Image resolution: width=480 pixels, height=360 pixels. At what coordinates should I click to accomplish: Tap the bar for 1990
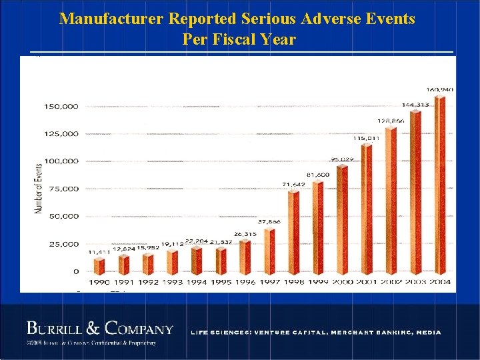click(99, 266)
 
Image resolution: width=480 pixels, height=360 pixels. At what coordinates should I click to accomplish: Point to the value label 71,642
click(293, 184)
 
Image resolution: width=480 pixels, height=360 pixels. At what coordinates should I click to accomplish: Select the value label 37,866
click(269, 221)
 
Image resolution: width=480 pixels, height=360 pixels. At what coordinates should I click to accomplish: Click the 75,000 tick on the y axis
click(63, 189)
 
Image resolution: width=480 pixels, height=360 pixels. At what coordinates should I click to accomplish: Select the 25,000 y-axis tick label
click(63, 244)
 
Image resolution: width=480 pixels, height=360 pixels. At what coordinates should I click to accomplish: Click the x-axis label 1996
click(245, 283)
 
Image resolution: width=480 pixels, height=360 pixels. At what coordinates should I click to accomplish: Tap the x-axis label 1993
click(172, 283)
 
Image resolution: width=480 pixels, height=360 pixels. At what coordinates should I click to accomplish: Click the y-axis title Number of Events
click(38, 189)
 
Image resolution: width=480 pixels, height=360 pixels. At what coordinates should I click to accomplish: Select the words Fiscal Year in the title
click(261, 39)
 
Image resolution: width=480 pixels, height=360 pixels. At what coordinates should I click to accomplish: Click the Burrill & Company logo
click(99, 329)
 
